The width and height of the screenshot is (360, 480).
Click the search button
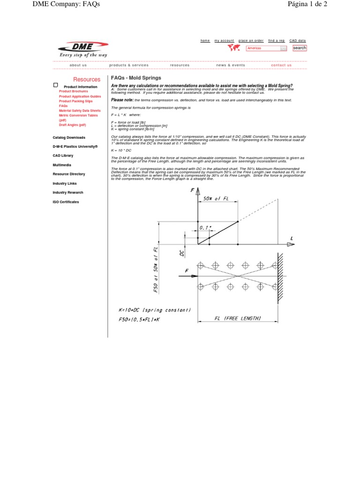tap(300, 48)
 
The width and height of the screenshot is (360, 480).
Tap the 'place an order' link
tap(251, 41)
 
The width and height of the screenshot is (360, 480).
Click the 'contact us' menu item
tap(281, 65)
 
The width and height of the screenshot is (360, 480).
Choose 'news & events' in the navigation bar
tap(231, 65)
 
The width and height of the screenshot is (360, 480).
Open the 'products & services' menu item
tap(129, 65)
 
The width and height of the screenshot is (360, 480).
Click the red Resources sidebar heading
tap(87, 80)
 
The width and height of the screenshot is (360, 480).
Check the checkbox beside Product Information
tap(55, 85)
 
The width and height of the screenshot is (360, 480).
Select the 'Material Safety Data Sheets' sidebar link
tap(80, 111)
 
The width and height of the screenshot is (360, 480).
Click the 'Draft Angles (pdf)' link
tap(72, 125)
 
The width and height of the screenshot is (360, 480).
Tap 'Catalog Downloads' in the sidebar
tap(69, 137)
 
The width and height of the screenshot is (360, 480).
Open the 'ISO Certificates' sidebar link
tap(66, 202)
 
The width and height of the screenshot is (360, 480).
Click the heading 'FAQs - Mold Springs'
tap(136, 78)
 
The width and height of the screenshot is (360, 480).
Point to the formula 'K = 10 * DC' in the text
tap(121, 150)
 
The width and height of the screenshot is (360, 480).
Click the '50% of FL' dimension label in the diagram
tap(216, 199)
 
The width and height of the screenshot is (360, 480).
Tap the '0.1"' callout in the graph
tap(205, 228)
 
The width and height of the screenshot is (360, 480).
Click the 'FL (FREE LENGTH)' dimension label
tap(238, 318)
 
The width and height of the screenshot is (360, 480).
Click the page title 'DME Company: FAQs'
tap(66, 5)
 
